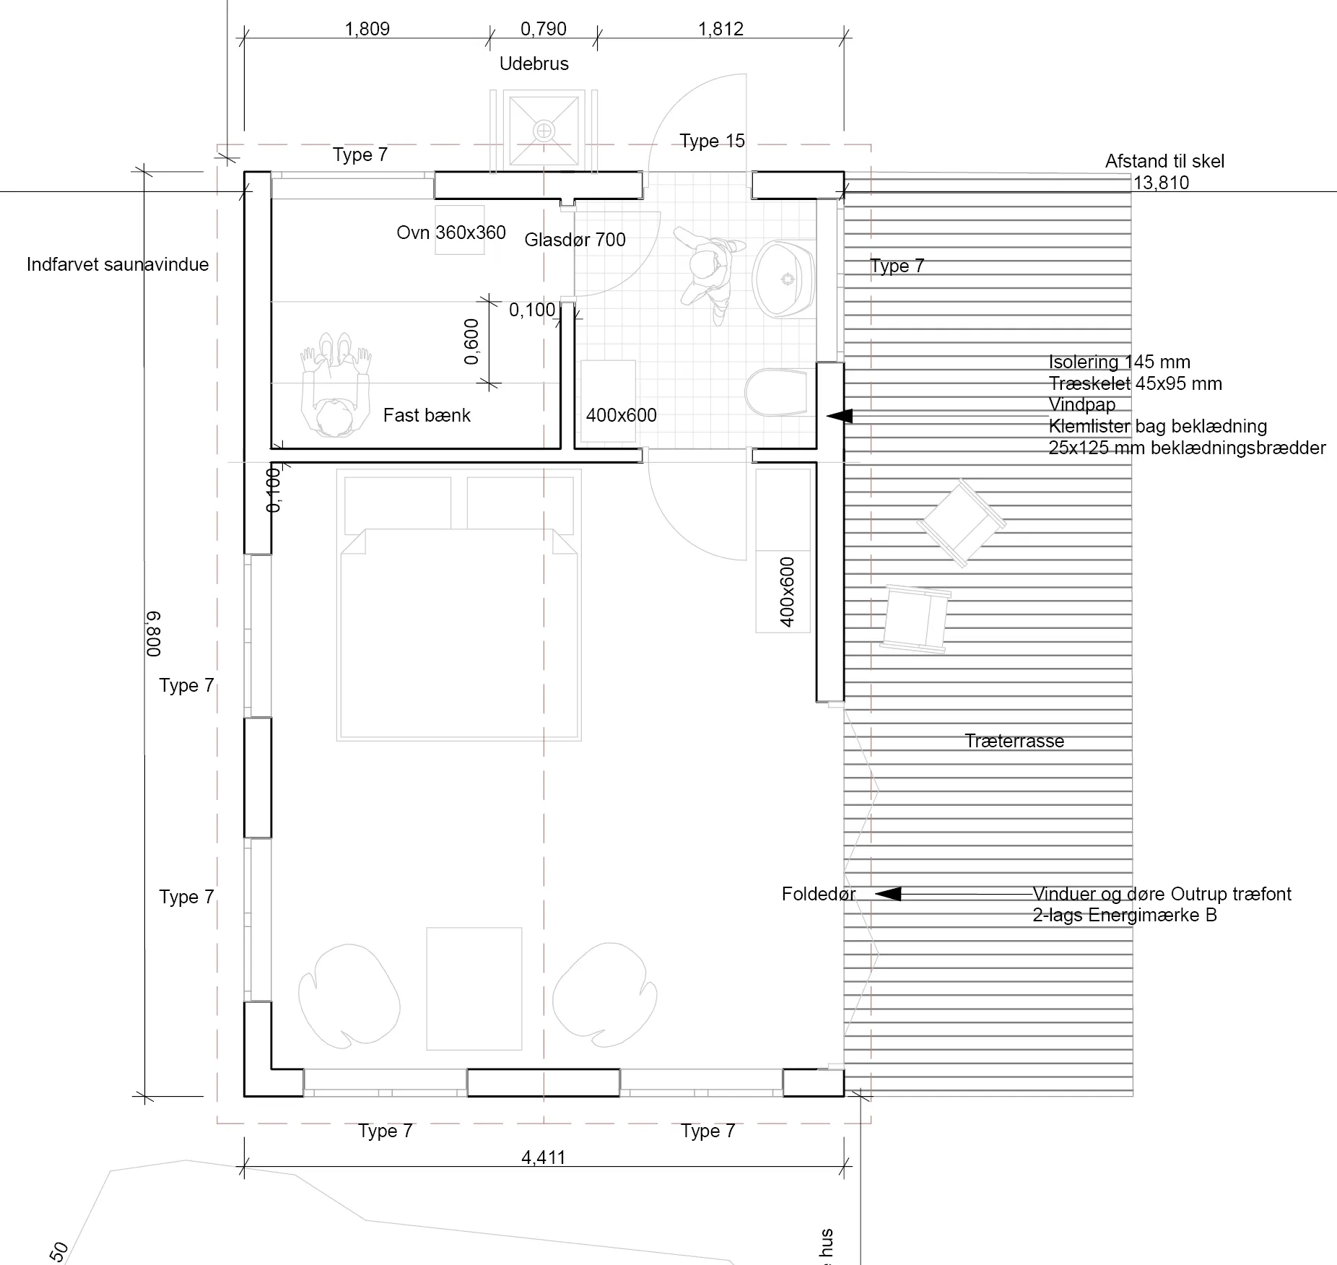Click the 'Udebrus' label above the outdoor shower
click(x=534, y=64)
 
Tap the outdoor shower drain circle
click(x=543, y=131)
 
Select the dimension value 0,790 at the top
click(x=543, y=29)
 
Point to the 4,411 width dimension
click(x=543, y=1157)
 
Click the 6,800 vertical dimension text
click(x=153, y=634)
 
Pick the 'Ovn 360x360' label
click(x=450, y=232)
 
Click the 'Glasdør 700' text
click(x=575, y=240)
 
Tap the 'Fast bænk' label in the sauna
click(x=426, y=415)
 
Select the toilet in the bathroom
click(x=776, y=393)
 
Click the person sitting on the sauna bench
click(x=334, y=390)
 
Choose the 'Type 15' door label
click(x=712, y=141)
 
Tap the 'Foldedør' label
click(x=818, y=894)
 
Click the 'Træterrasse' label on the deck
click(x=1014, y=741)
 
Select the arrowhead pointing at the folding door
click(x=888, y=894)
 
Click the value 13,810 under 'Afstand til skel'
click(x=1161, y=183)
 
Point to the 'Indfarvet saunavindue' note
click(x=118, y=264)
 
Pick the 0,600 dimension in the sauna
click(x=471, y=342)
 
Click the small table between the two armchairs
click(x=474, y=988)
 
